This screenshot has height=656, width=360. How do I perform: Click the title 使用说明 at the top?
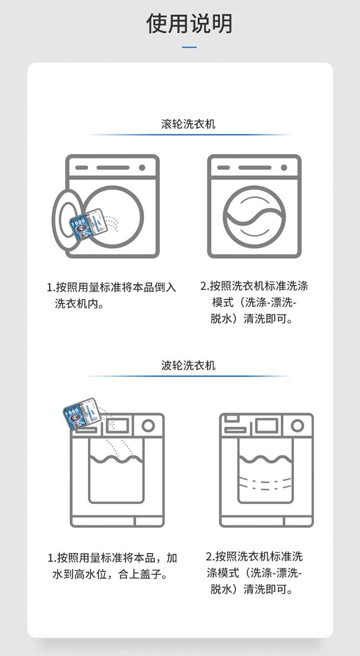click(x=190, y=24)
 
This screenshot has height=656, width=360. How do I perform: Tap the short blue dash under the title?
click(x=190, y=47)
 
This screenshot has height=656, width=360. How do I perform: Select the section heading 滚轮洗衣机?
click(x=188, y=124)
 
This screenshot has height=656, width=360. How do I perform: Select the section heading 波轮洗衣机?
click(x=188, y=365)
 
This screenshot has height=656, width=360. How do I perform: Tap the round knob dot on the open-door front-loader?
click(x=142, y=167)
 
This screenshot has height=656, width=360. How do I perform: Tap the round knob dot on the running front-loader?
click(x=284, y=167)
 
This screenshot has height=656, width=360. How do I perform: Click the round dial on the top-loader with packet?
click(x=148, y=426)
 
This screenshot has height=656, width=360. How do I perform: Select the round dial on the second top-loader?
click(x=298, y=426)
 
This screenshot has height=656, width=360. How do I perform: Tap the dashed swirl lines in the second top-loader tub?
click(x=265, y=481)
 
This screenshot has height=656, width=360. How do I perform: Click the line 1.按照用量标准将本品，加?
click(x=112, y=558)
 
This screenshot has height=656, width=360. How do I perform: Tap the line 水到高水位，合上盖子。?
click(x=109, y=573)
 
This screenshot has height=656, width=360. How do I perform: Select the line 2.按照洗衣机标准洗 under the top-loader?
click(x=254, y=557)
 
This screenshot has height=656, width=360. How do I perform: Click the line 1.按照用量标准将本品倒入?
click(x=111, y=287)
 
